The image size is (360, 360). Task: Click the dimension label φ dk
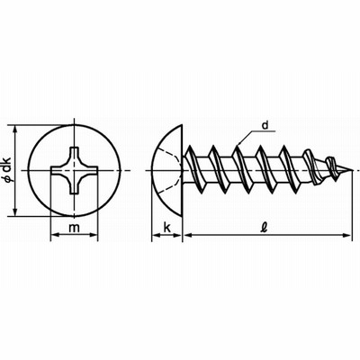[7, 169]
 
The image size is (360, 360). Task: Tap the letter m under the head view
[74, 228]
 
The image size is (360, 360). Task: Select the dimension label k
[166, 228]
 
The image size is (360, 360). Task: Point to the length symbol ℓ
[264, 228]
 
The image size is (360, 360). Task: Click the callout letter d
[265, 125]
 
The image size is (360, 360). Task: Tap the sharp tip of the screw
[352, 170]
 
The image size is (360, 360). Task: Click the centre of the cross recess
[74, 170]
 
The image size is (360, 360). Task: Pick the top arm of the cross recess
[74, 154]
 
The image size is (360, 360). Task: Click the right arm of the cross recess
[90, 170]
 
